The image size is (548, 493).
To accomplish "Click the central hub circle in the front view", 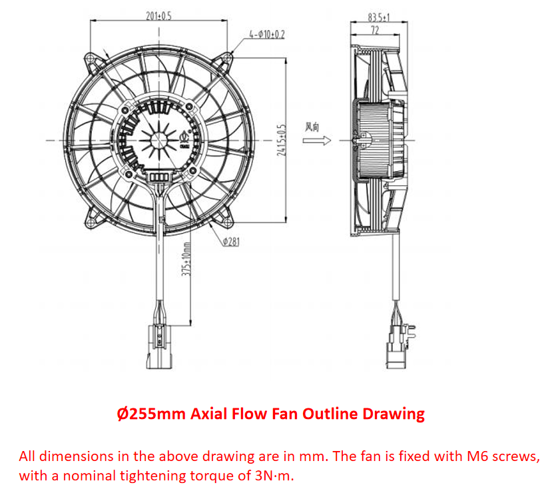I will [160, 140].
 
